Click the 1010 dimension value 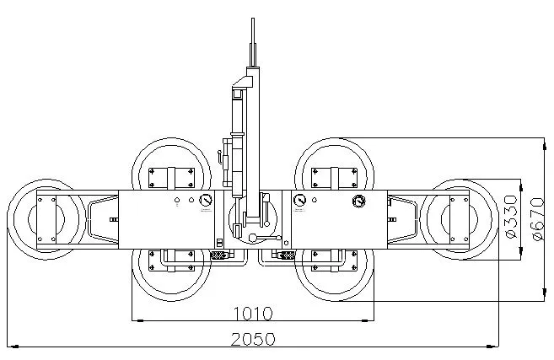253,313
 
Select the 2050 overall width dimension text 253,339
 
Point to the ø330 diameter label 511,216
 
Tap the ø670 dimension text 537,219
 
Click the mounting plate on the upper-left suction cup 171,178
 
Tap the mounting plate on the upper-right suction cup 334,178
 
